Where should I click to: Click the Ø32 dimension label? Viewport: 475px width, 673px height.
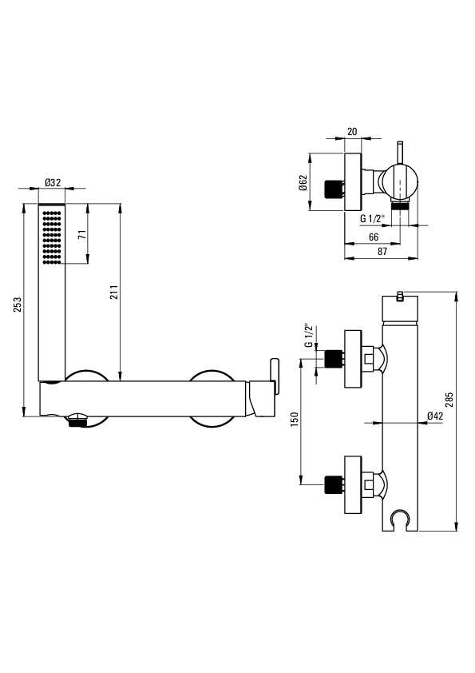click(x=53, y=182)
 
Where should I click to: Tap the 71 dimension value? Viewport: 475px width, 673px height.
click(x=82, y=234)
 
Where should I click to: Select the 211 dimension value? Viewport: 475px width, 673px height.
click(x=114, y=293)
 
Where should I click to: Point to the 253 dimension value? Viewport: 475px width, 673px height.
click(x=17, y=305)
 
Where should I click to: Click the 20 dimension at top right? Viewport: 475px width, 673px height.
click(x=352, y=132)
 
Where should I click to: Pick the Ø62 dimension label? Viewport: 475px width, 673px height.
click(x=303, y=182)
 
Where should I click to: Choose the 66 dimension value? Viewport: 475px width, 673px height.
click(x=374, y=237)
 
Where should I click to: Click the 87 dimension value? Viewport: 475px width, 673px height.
click(x=382, y=252)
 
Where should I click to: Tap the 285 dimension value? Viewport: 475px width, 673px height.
click(x=449, y=400)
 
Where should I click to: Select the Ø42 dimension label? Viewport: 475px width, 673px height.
click(x=435, y=416)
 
